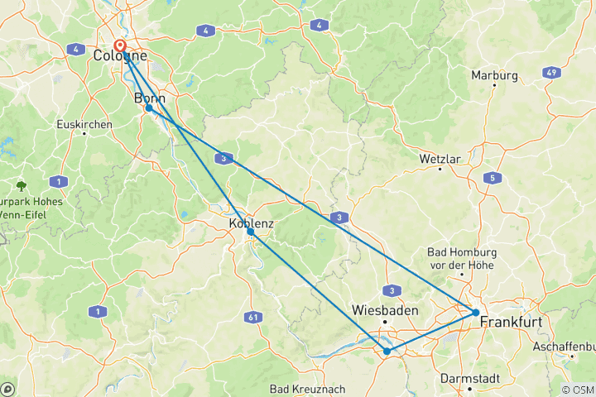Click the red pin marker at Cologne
click(120, 47)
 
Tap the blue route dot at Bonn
click(148, 108)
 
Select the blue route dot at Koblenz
click(250, 232)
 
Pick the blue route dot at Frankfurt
click(476, 312)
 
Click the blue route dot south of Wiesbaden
click(387, 352)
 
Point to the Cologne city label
click(121, 56)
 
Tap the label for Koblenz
click(251, 222)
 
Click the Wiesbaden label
click(384, 310)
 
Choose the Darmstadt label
click(469, 378)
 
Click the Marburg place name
click(494, 75)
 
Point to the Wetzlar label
click(440, 158)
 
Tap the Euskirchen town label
click(84, 124)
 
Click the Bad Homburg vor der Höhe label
click(460, 258)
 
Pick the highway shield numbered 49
click(549, 72)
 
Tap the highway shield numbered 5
click(493, 178)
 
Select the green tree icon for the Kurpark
click(21, 186)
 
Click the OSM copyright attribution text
click(576, 390)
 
